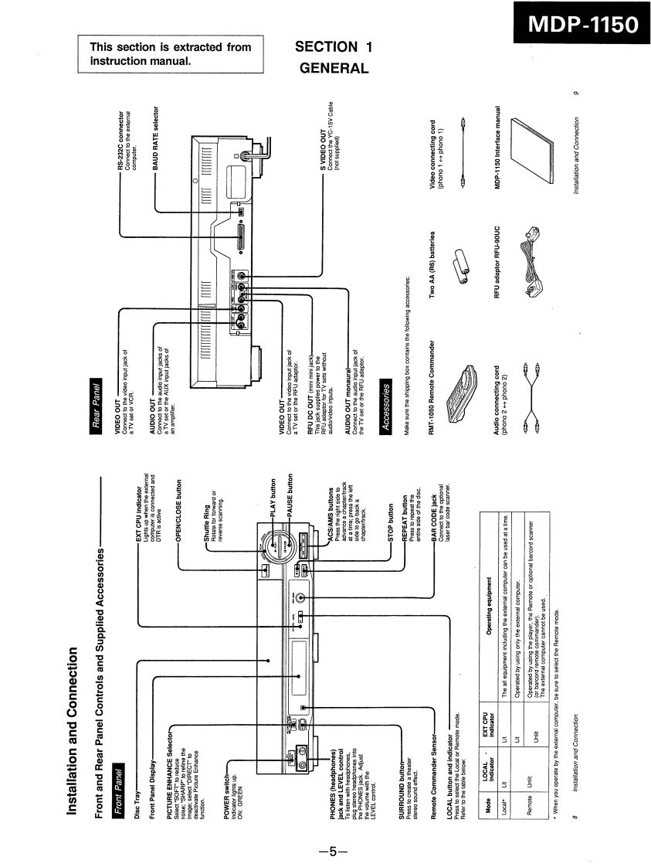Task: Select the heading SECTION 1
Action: click(x=334, y=47)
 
